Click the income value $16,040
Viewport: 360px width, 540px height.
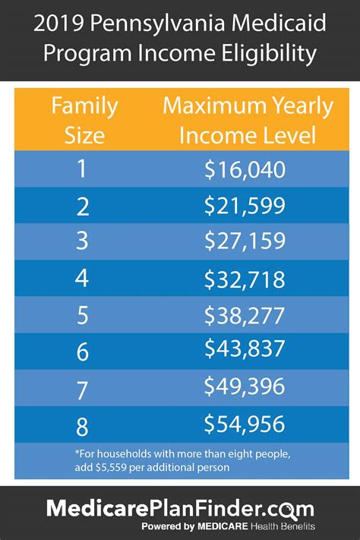[x=244, y=169]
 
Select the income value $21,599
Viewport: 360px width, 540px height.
[x=244, y=206]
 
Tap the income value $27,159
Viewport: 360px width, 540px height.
[x=244, y=242]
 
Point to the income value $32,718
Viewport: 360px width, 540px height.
[x=244, y=279]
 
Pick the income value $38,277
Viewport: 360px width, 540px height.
[x=244, y=315]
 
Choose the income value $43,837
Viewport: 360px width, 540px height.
[x=244, y=350]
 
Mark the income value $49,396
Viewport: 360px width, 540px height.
[x=244, y=387]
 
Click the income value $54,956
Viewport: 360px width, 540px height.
[x=244, y=423]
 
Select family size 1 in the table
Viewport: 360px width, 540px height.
[x=81, y=169]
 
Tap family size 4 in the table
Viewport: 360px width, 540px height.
[x=81, y=279]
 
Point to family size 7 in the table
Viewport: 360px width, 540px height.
[x=81, y=387]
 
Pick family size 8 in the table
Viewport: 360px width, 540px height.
[x=81, y=423]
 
